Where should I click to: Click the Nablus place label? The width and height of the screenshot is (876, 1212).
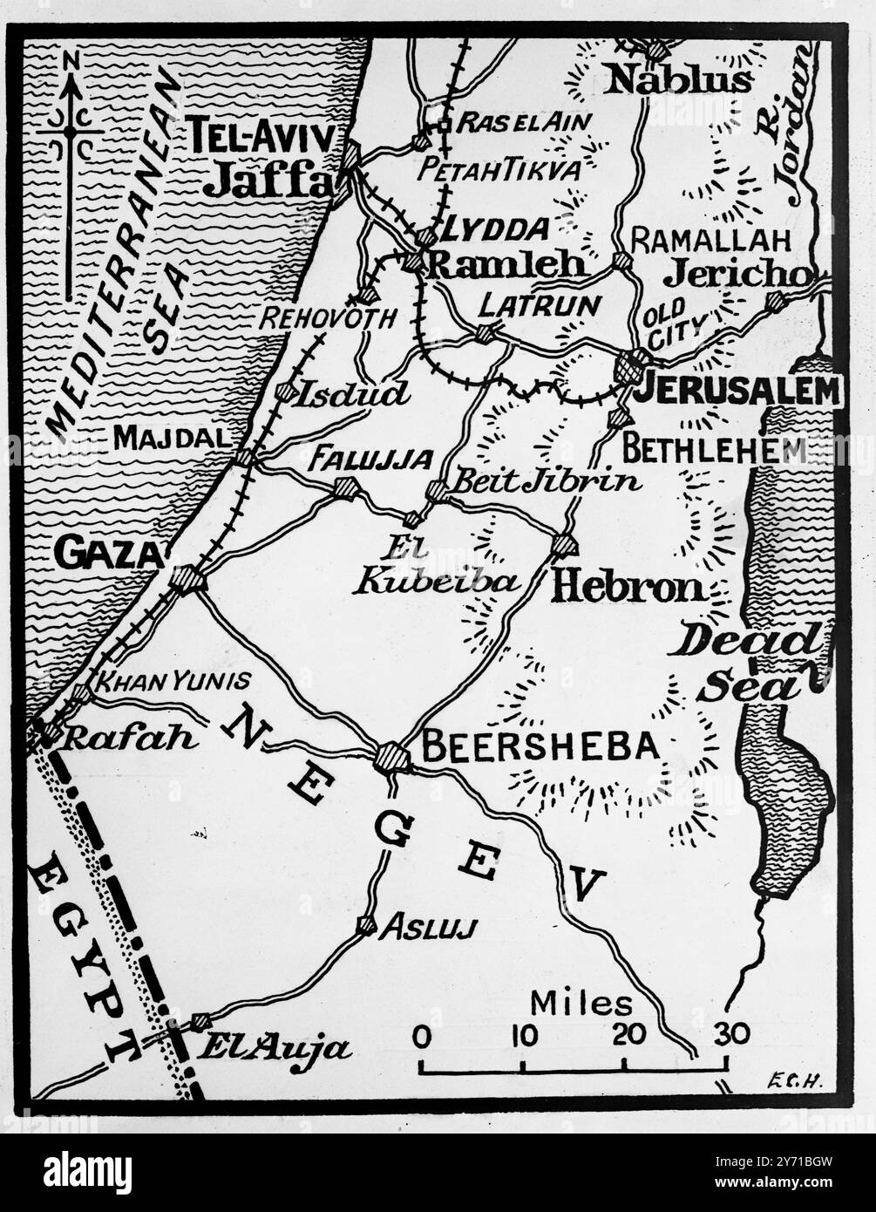coord(679,80)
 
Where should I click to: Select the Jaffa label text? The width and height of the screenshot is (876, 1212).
coord(268,180)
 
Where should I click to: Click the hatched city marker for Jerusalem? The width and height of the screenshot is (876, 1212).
coord(633,367)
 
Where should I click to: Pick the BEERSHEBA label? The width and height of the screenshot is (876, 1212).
coord(540,746)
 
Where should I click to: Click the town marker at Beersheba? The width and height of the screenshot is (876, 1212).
coord(392,757)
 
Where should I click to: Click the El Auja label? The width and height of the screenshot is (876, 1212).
coord(273,1047)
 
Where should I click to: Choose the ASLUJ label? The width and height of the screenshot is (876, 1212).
coord(428,928)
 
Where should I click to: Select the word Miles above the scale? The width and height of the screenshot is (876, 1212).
coord(581,1004)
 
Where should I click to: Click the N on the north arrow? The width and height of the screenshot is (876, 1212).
coord(71,59)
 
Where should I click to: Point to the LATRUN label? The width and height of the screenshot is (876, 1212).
coord(540,305)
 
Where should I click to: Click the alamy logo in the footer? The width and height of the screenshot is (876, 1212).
coord(87,1172)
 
